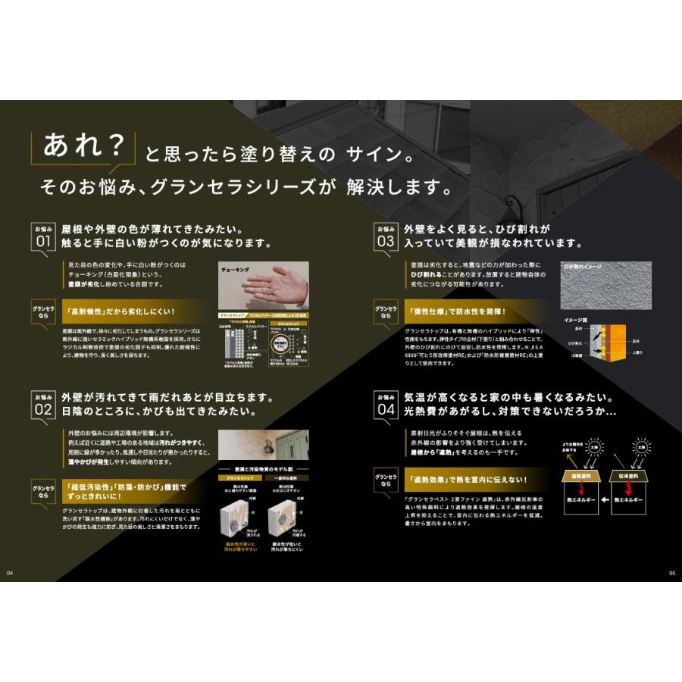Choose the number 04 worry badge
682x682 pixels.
[x=386, y=410]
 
